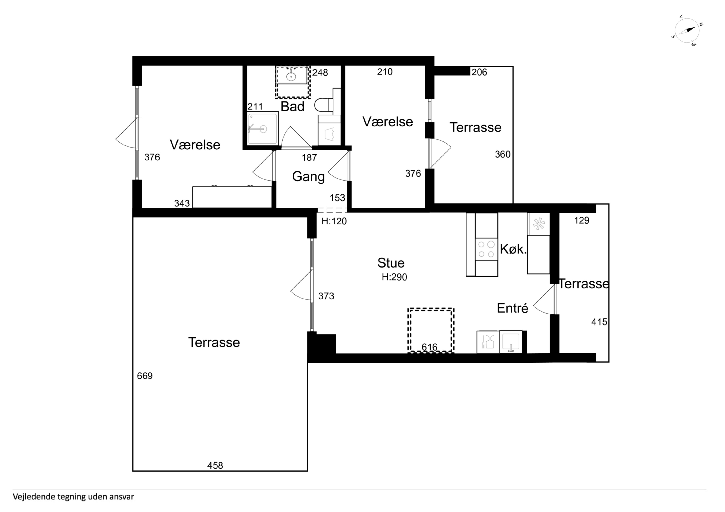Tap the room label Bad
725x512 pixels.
click(x=292, y=107)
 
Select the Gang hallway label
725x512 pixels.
click(x=308, y=177)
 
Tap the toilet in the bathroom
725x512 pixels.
click(x=324, y=105)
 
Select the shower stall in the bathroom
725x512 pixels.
click(x=263, y=128)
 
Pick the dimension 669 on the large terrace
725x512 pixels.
click(x=145, y=376)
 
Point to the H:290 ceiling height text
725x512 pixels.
click(x=394, y=277)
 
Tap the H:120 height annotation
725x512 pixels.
click(x=334, y=221)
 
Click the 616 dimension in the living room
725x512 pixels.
click(x=429, y=347)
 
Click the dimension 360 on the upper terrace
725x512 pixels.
click(x=503, y=154)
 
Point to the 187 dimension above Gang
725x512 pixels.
click(x=309, y=157)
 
